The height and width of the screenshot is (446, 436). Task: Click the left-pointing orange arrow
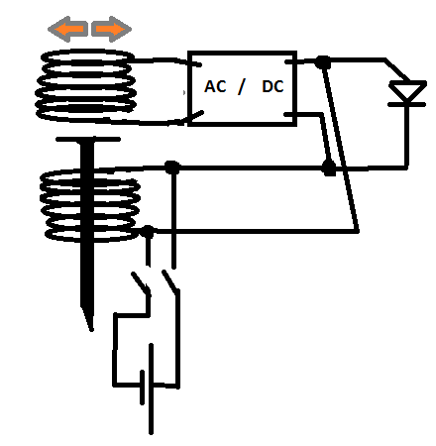point(67,29)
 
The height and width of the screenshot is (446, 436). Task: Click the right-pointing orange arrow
point(111,29)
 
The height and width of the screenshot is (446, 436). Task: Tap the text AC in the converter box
point(215,86)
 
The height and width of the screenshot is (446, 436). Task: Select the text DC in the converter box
point(272,86)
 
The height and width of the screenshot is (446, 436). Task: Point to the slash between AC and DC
point(242,86)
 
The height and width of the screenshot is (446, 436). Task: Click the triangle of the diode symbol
point(407,90)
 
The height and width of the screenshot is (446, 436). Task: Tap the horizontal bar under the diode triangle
point(407,104)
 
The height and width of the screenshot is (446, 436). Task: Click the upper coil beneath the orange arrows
point(86,85)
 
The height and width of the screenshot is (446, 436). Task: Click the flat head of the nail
point(88,139)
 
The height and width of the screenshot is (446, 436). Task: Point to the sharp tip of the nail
point(91,329)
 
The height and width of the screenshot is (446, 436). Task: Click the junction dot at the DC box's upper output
point(323,61)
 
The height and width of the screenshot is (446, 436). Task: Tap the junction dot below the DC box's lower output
point(329,167)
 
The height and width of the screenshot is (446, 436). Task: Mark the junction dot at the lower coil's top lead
point(172,167)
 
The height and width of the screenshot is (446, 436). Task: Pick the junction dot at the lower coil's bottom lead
point(148,231)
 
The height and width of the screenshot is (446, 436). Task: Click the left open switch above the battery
point(141,283)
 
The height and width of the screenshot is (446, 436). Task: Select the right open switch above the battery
point(170,281)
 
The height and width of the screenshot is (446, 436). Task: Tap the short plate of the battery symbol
point(142,388)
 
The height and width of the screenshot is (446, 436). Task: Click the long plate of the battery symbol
point(151,389)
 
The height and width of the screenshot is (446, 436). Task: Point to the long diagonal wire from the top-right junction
point(341,147)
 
